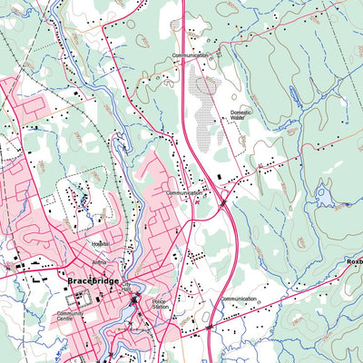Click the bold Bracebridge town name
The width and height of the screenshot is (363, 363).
pos(93,281)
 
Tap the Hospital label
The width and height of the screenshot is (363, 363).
pos(101,244)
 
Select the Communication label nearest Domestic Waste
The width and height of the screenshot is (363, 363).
pos(191,55)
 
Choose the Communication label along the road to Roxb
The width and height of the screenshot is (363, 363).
pos(239,298)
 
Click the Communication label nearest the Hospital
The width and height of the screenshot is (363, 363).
pos(184,193)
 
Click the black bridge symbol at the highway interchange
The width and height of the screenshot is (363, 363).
pos(222,204)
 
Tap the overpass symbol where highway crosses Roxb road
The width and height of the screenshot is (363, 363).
pos(210,326)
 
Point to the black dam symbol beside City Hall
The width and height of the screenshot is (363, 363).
pos(134,299)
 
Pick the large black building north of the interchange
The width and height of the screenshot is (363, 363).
pos(219,176)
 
